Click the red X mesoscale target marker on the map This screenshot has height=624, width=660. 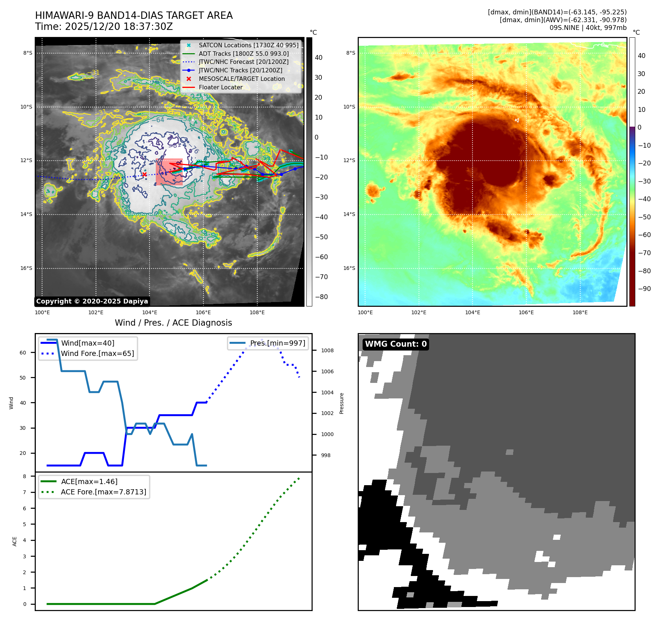tap(144, 175)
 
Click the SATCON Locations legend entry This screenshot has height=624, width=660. tap(248, 45)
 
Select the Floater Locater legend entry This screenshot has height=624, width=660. tap(220, 88)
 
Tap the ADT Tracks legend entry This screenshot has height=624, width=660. tap(244, 54)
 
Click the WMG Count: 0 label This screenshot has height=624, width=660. tap(396, 344)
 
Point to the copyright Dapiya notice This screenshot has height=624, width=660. tap(92, 301)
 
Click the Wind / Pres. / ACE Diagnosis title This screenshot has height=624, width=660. tap(173, 323)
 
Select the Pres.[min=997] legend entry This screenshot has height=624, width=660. tap(278, 343)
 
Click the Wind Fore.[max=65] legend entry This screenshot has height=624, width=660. tap(97, 353)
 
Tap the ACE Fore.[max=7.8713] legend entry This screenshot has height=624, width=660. tap(103, 492)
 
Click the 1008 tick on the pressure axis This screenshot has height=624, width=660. tap(327, 350)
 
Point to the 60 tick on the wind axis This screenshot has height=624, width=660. tap(23, 353)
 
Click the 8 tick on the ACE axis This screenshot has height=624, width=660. tap(25, 476)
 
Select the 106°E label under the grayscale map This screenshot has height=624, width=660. tap(203, 313)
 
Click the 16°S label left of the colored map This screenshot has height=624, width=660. tap(349, 268)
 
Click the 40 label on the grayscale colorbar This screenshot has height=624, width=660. tap(318, 58)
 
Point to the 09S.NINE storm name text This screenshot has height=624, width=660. tap(564, 28)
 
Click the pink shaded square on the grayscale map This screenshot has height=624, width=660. tap(169, 172)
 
